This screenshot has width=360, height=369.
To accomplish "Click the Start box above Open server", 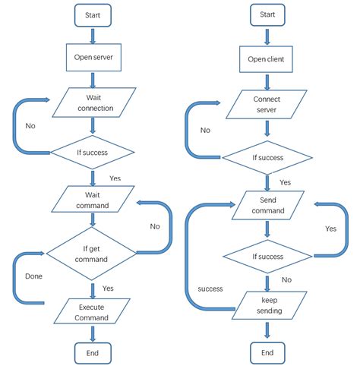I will coord(93,14).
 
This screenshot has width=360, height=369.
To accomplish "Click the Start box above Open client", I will coord(267,14).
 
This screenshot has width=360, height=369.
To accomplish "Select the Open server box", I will coord(93,57).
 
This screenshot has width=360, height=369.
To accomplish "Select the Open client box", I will coord(267,58).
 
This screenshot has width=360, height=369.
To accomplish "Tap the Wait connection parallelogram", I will coord(93,102).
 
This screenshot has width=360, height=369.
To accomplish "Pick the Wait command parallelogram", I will coord(93,200).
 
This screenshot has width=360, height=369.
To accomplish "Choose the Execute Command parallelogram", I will coord(93,311).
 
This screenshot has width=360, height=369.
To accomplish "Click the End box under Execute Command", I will coord(93,352).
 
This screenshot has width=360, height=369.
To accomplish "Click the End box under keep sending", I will coord(267,353).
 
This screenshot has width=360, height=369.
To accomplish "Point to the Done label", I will coord(33,276).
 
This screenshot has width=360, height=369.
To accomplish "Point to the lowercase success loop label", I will coord(210,289).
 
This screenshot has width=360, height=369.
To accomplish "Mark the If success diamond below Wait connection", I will coord(93,152).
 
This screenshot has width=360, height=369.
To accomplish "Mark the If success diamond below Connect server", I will coord(267,158).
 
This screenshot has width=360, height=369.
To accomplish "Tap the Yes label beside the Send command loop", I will coord(331,229).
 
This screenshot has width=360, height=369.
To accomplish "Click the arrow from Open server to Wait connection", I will coord(93,79).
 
